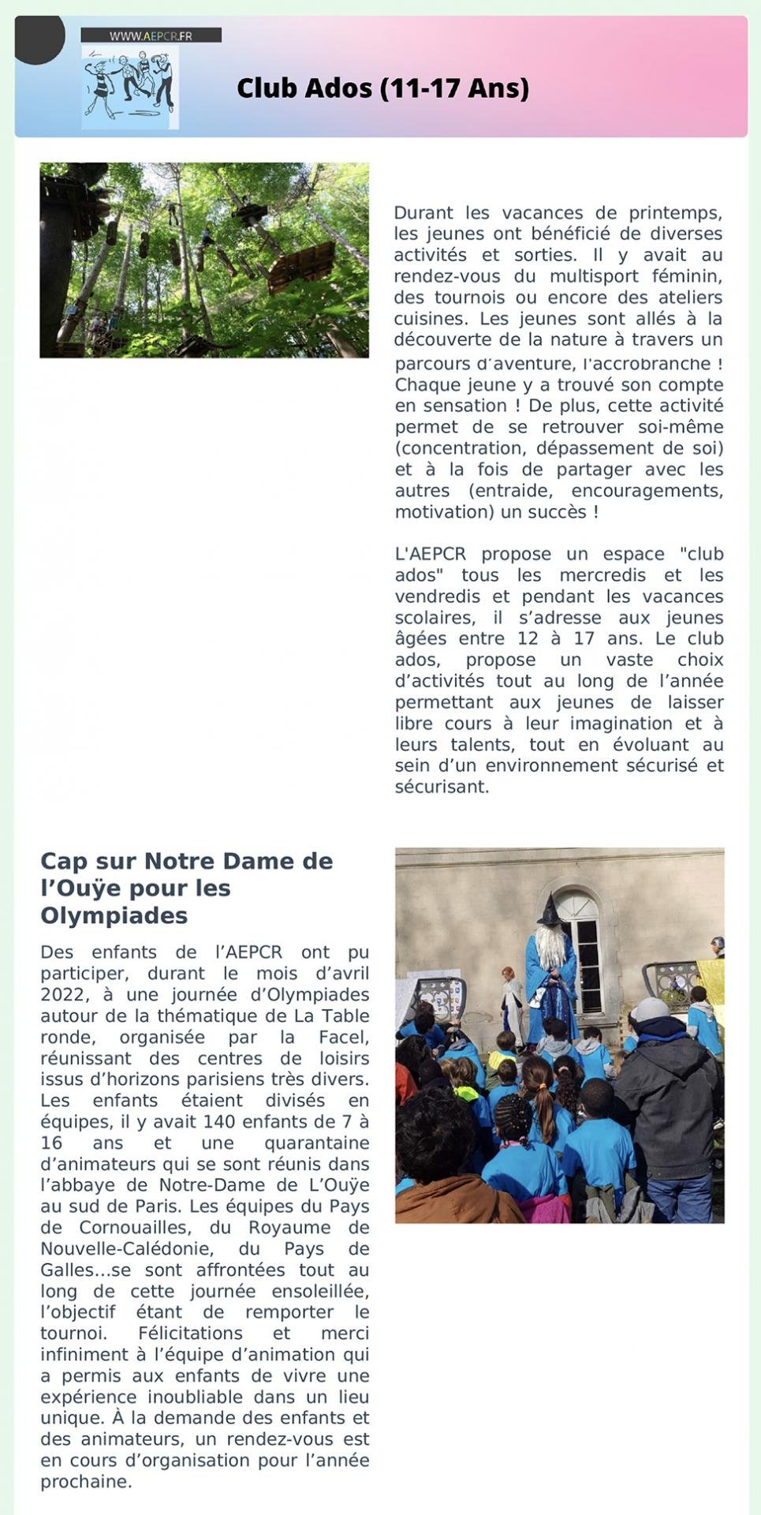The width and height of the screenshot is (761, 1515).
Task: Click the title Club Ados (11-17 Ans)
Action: tap(382, 88)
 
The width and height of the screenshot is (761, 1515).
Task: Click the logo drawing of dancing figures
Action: tap(130, 85)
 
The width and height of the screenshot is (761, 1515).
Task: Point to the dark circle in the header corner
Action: tap(39, 37)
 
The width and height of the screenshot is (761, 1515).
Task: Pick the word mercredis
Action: tap(602, 575)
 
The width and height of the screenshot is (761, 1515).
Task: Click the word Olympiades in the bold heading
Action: tap(114, 915)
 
